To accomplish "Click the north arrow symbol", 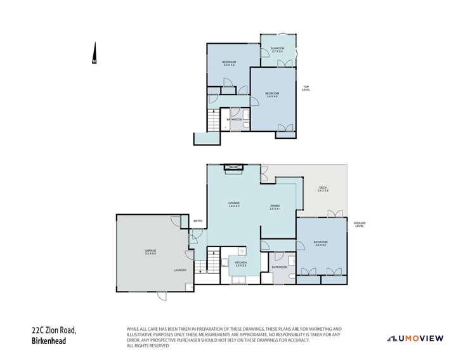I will pos(94,53).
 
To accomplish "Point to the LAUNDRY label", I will pos(179,271).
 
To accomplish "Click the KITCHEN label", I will pos(240,263).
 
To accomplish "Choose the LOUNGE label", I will pos(234,204).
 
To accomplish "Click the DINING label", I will pos(275,206).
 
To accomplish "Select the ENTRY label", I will pos(198,221).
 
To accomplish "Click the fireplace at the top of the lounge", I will pos(233,167).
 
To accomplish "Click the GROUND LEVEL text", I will pos(360,224).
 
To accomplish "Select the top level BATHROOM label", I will pos(234,119).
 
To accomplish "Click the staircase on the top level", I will pos(213,119).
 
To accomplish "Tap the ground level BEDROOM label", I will pos(320,243).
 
